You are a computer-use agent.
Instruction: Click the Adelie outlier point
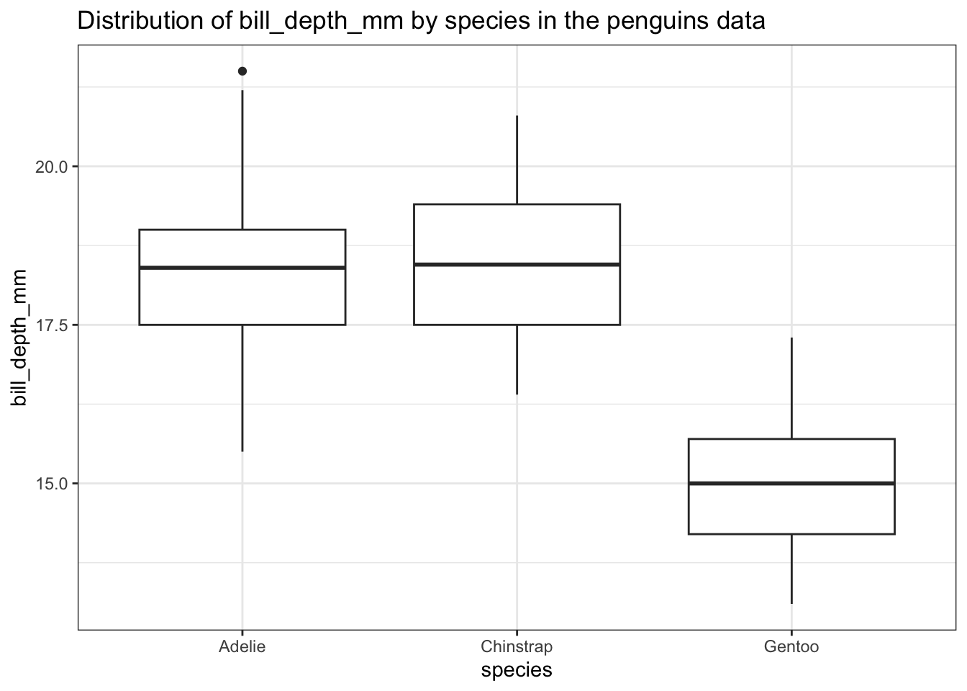click(x=242, y=71)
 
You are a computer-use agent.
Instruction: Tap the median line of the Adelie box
click(x=242, y=268)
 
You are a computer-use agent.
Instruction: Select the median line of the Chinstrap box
click(x=517, y=264)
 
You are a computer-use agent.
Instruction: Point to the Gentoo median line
click(x=791, y=483)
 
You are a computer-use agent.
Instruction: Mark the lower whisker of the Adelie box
click(x=242, y=389)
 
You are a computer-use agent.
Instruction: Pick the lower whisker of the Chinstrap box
click(x=517, y=360)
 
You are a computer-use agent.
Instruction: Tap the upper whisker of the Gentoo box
click(x=791, y=389)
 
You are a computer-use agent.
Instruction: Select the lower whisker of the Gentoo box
click(x=791, y=569)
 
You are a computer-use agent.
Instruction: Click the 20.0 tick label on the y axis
click(x=50, y=167)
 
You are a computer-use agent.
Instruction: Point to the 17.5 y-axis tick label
click(x=50, y=325)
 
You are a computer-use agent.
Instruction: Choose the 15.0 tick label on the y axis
click(x=50, y=484)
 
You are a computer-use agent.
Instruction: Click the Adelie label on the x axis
click(x=242, y=646)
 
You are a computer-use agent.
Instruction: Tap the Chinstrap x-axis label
click(x=517, y=646)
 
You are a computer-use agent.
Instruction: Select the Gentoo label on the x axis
click(x=791, y=646)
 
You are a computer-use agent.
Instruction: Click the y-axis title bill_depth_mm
click(x=19, y=338)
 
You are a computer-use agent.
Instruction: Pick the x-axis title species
click(x=517, y=671)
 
